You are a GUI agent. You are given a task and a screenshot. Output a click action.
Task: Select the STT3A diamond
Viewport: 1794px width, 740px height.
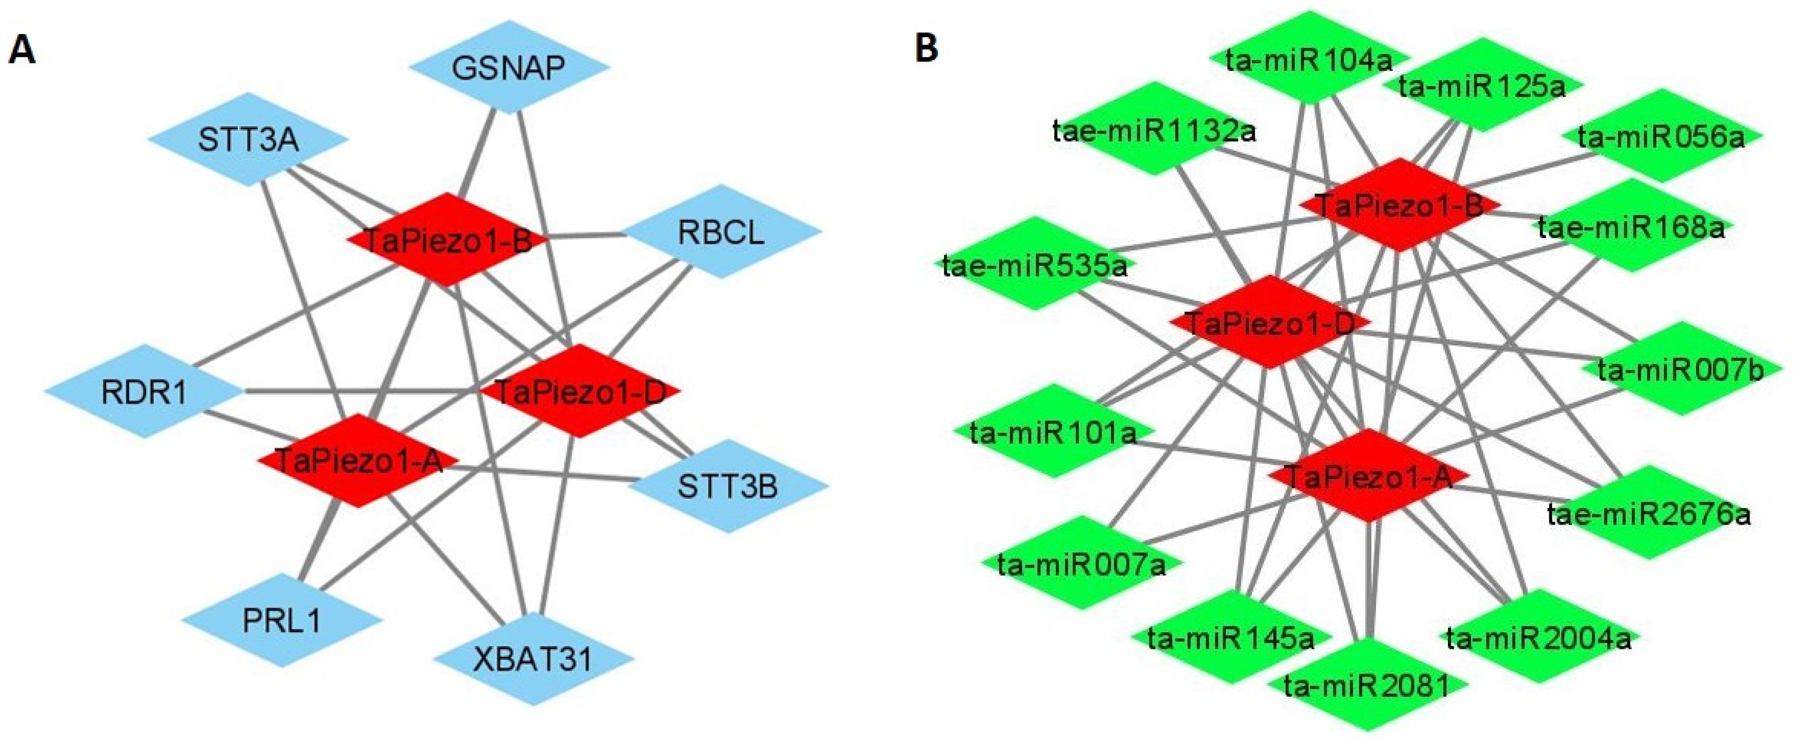(x=248, y=140)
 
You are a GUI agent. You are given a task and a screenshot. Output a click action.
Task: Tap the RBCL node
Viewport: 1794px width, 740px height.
(x=721, y=231)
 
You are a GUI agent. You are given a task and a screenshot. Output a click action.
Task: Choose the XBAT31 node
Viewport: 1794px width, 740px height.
(x=533, y=659)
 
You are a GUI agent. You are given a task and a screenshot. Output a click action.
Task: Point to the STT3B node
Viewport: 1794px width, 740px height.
(x=728, y=486)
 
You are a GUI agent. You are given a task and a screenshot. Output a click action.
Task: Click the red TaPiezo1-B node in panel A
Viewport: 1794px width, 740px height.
(x=447, y=240)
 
